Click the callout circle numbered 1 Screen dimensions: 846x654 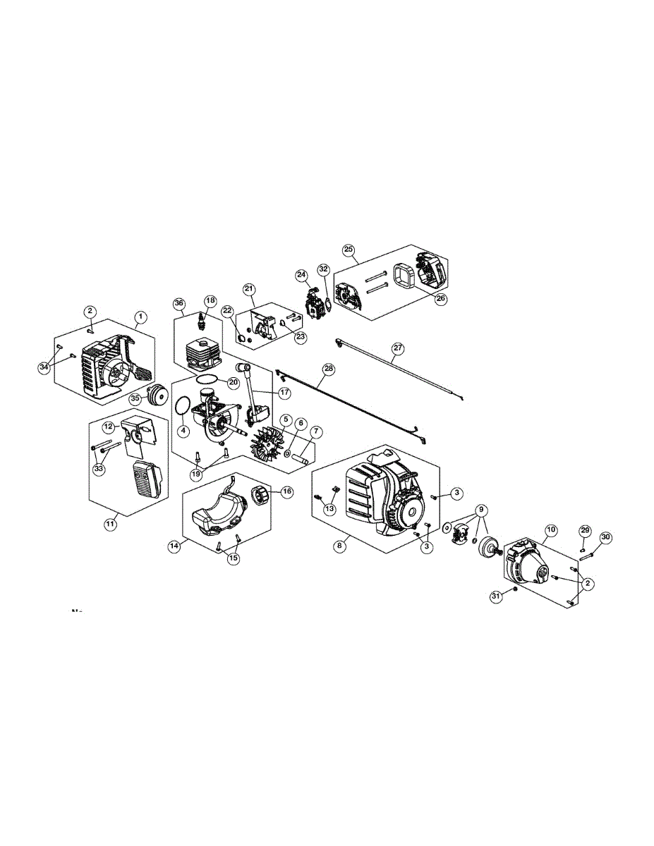click(x=141, y=317)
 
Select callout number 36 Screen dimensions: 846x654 click(x=179, y=303)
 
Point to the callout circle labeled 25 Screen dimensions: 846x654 click(x=349, y=250)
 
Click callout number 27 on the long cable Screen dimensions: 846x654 click(x=399, y=348)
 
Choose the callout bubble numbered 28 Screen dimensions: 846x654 click(x=328, y=369)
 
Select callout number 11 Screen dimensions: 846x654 click(x=110, y=523)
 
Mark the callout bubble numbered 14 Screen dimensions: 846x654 click(x=174, y=546)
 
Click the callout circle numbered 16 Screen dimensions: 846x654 click(x=287, y=492)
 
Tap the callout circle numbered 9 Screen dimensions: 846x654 click(x=482, y=509)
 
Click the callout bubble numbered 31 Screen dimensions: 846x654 click(x=496, y=596)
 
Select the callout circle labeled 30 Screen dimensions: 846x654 click(x=606, y=538)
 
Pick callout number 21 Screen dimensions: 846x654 click(x=249, y=289)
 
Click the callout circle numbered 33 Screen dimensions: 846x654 click(x=99, y=469)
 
